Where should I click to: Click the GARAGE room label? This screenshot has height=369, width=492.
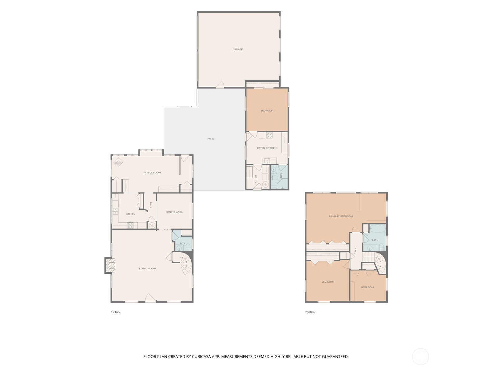point(238,49)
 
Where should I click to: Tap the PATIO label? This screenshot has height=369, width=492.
point(211,139)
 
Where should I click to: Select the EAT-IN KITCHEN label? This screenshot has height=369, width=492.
point(267,148)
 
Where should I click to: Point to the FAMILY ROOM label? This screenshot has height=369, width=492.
point(152,173)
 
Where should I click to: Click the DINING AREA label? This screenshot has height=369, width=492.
point(174,212)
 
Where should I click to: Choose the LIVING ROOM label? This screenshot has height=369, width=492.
point(148,269)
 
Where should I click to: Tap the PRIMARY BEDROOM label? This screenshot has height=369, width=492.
point(341,216)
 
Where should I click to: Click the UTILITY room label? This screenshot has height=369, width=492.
point(256,179)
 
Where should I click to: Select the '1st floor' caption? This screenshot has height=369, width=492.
point(116,312)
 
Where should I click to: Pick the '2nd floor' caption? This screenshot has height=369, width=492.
point(310,312)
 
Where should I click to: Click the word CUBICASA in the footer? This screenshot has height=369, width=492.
point(201,356)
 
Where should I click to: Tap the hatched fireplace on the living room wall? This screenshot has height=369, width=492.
point(110,265)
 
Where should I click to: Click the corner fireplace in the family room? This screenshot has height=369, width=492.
point(118,162)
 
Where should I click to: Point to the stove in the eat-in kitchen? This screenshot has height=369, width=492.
point(269,135)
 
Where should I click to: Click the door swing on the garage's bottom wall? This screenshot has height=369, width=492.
point(220,84)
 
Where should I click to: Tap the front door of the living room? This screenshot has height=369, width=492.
point(150,298)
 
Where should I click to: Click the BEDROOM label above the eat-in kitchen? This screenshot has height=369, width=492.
point(267,111)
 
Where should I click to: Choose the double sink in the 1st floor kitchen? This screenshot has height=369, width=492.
point(115,211)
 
